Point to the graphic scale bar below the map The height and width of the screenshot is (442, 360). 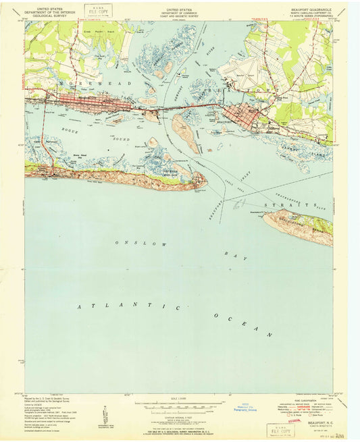pos(180,406)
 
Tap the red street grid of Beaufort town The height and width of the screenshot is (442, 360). pos(242,113)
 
